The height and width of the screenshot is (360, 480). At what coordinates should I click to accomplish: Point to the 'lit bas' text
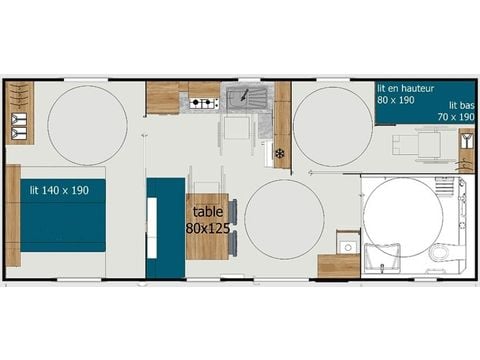tap(461, 105)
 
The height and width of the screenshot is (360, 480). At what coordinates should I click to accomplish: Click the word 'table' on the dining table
tap(206, 212)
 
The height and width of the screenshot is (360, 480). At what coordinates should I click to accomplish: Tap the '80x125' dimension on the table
tap(206, 228)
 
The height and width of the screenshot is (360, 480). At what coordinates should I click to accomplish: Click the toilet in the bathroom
tap(438, 253)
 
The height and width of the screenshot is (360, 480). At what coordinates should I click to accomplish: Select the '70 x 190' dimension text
tap(455, 117)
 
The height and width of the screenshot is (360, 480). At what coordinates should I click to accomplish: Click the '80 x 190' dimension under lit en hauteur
tap(396, 100)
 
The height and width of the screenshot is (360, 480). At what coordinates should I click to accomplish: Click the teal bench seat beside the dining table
tap(165, 228)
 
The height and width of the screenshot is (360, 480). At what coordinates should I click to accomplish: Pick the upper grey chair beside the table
tap(233, 211)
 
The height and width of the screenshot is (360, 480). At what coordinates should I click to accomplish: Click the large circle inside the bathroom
tap(403, 217)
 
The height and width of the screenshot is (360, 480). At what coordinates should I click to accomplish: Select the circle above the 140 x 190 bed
tap(87, 124)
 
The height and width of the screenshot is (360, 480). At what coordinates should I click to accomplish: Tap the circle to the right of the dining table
tap(285, 218)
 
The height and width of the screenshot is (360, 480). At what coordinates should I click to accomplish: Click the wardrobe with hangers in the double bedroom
tap(19, 112)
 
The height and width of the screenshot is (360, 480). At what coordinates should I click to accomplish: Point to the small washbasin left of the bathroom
tap(346, 246)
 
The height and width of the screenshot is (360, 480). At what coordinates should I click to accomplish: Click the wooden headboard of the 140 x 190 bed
tap(12, 215)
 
